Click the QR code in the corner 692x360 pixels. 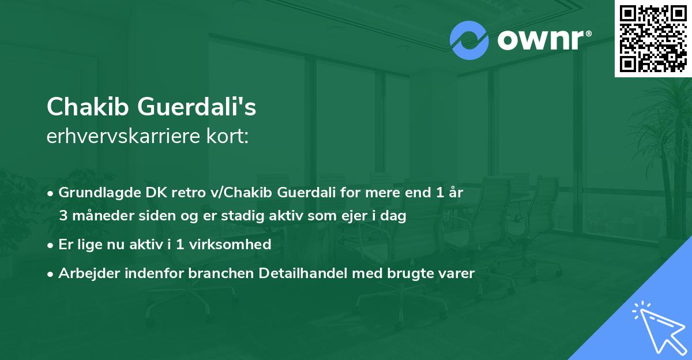click(x=653, y=38)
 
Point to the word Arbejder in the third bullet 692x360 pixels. click(x=85, y=273)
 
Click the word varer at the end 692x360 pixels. click(x=456, y=273)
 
